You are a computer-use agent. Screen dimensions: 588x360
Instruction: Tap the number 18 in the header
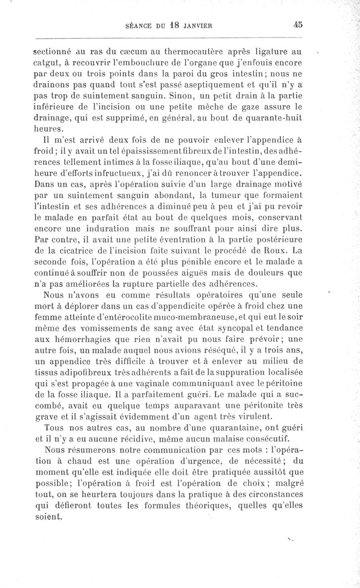click(175, 26)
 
